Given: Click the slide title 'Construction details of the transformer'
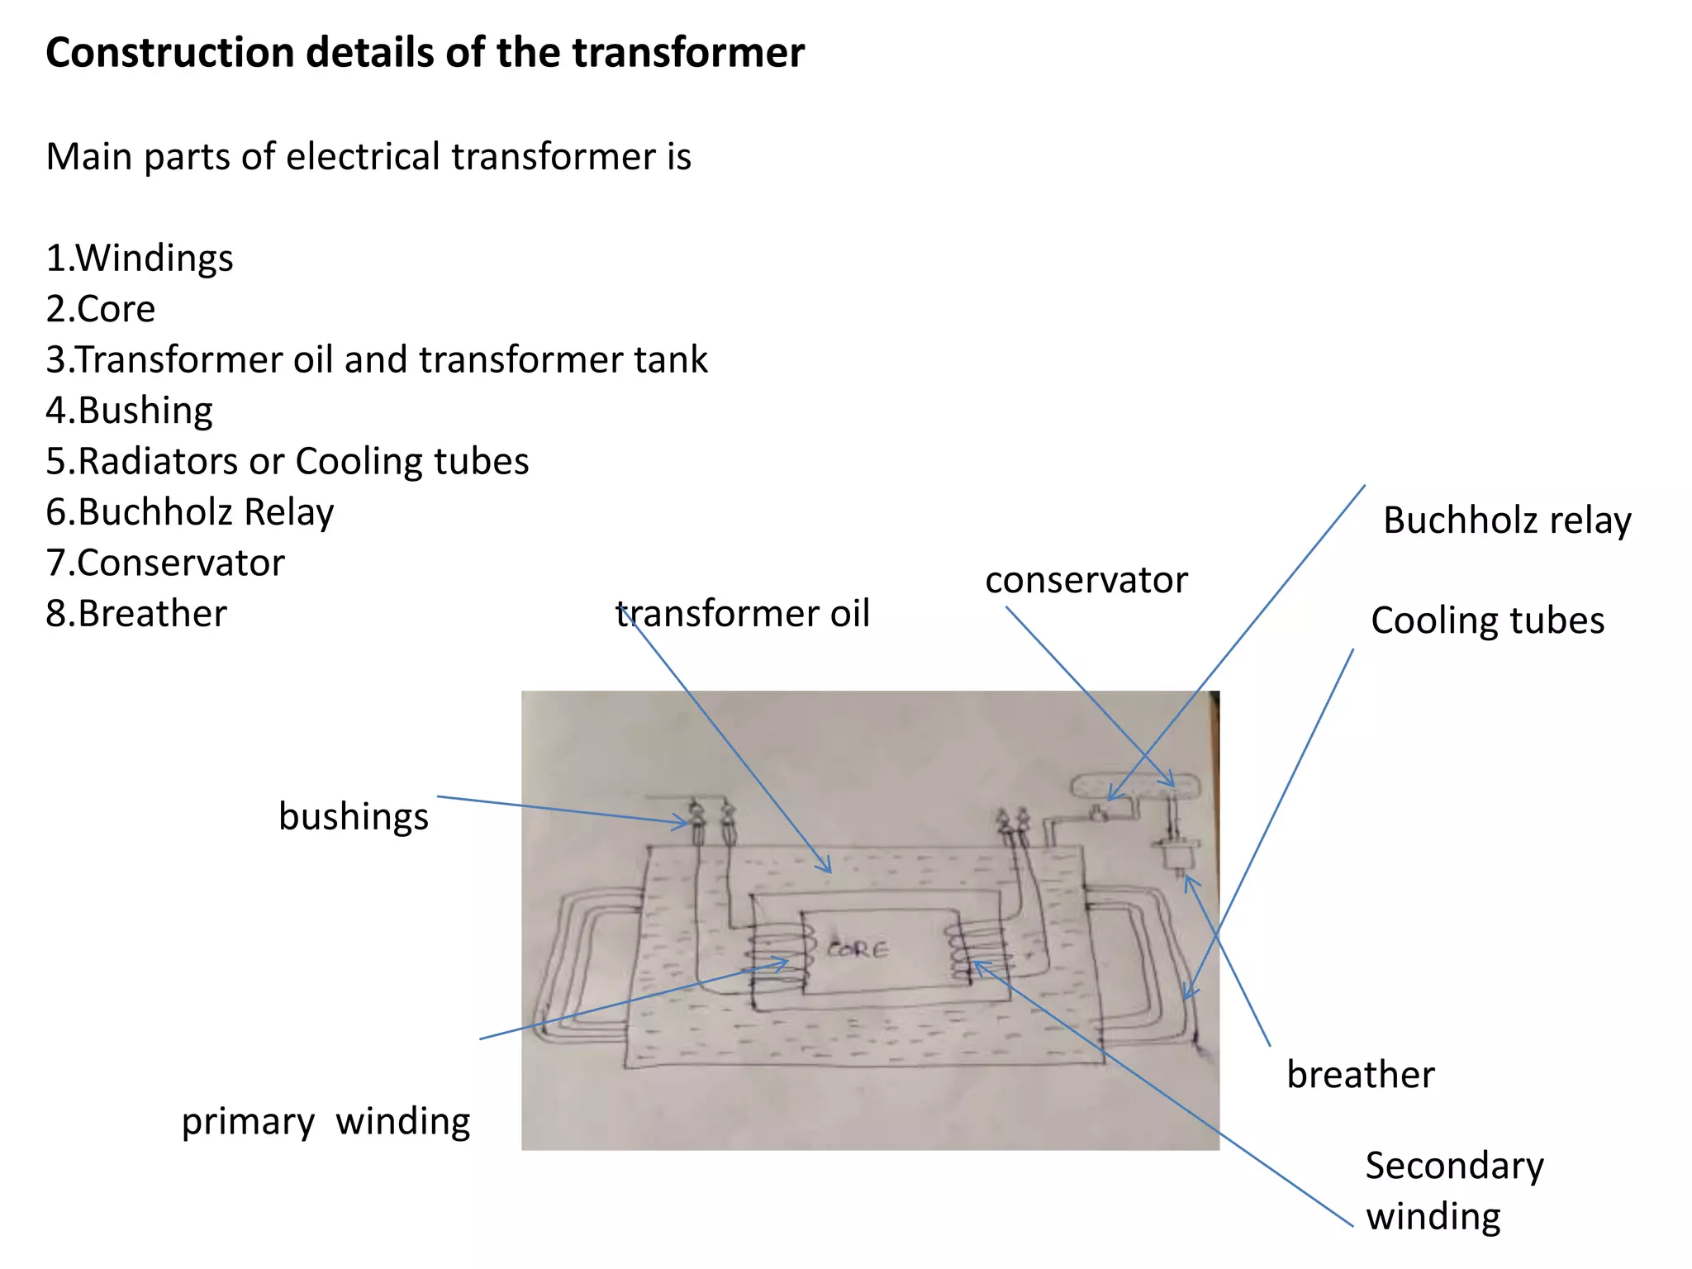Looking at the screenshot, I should click(x=425, y=53).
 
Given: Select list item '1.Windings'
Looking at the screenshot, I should click(x=140, y=258).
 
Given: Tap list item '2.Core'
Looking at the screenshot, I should click(x=101, y=309).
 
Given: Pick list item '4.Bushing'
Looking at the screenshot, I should click(x=130, y=411).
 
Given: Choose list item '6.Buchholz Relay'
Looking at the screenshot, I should click(x=190, y=512).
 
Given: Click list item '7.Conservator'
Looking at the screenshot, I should click(x=165, y=563).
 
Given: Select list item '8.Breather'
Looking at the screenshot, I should click(x=136, y=614).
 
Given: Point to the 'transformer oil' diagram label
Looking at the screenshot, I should click(x=744, y=614).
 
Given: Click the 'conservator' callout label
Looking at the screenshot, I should click(x=1086, y=580).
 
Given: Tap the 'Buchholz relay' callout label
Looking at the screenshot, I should click(x=1507, y=520).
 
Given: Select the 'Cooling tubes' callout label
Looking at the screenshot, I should click(x=1487, y=620).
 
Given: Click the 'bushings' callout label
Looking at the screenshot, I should click(x=354, y=816).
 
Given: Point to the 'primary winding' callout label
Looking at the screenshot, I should click(x=326, y=1122).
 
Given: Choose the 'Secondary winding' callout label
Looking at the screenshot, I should click(x=1454, y=1191).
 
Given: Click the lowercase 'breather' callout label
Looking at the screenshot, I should click(x=1361, y=1075).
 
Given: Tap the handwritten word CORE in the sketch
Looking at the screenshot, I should click(x=858, y=949).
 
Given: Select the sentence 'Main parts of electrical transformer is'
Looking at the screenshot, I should click(x=368, y=156).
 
